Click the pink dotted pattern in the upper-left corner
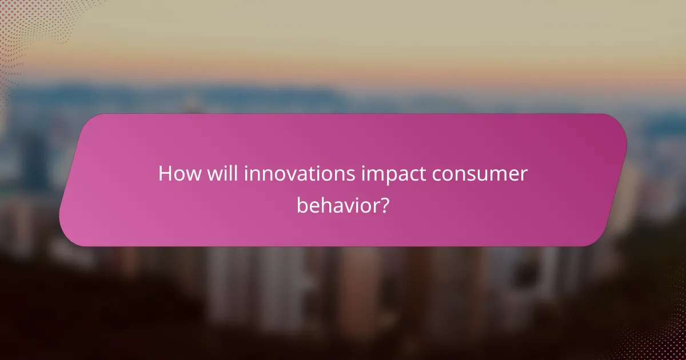coord(23,23)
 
